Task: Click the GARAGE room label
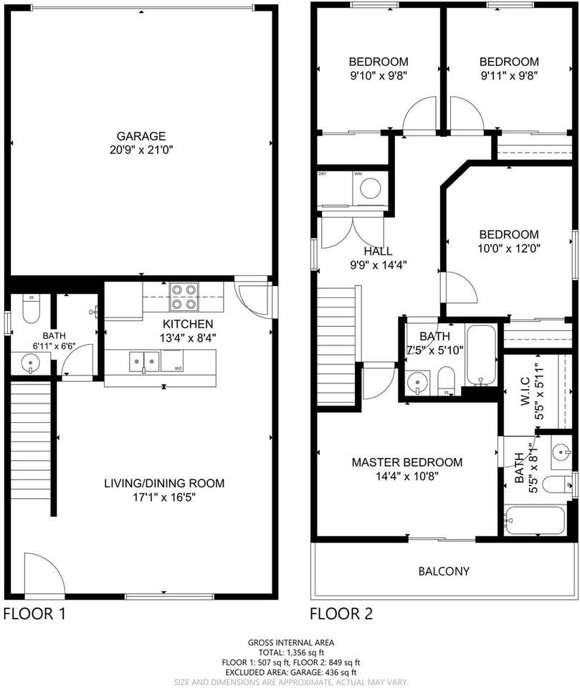pyautogui.click(x=141, y=136)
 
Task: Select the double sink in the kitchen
pyautogui.click(x=143, y=361)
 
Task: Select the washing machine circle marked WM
pyautogui.click(x=370, y=189)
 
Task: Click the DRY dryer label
pyautogui.click(x=323, y=174)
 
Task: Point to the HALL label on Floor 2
pyautogui.click(x=377, y=252)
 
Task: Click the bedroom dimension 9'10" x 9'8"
pyautogui.click(x=379, y=75)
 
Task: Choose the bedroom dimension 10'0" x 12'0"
pyautogui.click(x=509, y=248)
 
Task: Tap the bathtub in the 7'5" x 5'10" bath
pyautogui.click(x=480, y=355)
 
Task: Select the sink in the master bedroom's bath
pyautogui.click(x=560, y=452)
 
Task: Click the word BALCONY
pyautogui.click(x=444, y=571)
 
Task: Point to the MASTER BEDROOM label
pyautogui.click(x=407, y=462)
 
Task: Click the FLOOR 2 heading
pyautogui.click(x=341, y=614)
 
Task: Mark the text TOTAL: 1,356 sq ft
pyautogui.click(x=290, y=653)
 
